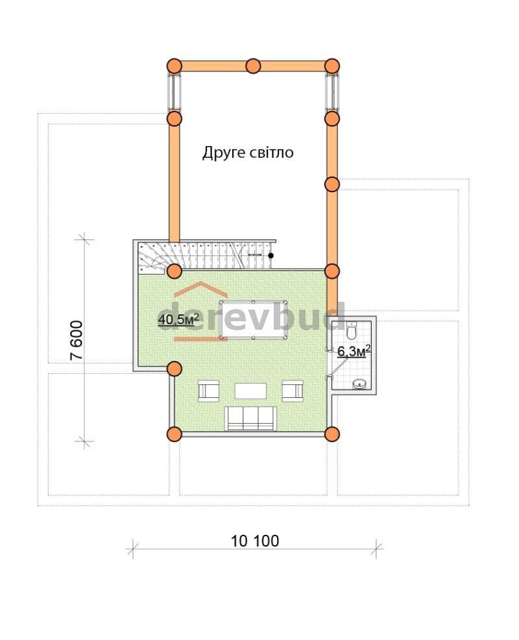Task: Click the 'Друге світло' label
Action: [248, 153]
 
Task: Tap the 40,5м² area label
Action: [178, 319]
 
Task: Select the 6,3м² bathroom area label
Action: [354, 351]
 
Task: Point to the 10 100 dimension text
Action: [255, 541]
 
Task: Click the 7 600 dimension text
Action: [77, 340]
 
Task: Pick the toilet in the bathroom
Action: [351, 331]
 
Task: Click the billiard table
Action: [253, 320]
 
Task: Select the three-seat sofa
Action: [251, 419]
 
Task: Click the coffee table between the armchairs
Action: [251, 391]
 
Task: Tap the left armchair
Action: [208, 391]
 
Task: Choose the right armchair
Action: [293, 391]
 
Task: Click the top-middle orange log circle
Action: [254, 66]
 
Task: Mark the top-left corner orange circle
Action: [175, 66]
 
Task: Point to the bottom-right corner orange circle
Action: [332, 434]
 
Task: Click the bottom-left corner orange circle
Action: [175, 434]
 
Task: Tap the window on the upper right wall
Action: [333, 92]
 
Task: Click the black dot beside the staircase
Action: [271, 256]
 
